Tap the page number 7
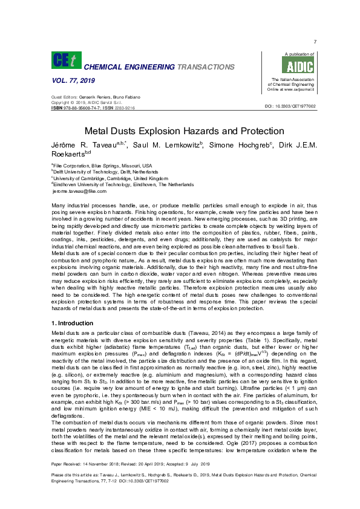point(315,41)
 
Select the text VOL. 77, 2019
point(71,81)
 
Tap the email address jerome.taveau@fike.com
point(79,191)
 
